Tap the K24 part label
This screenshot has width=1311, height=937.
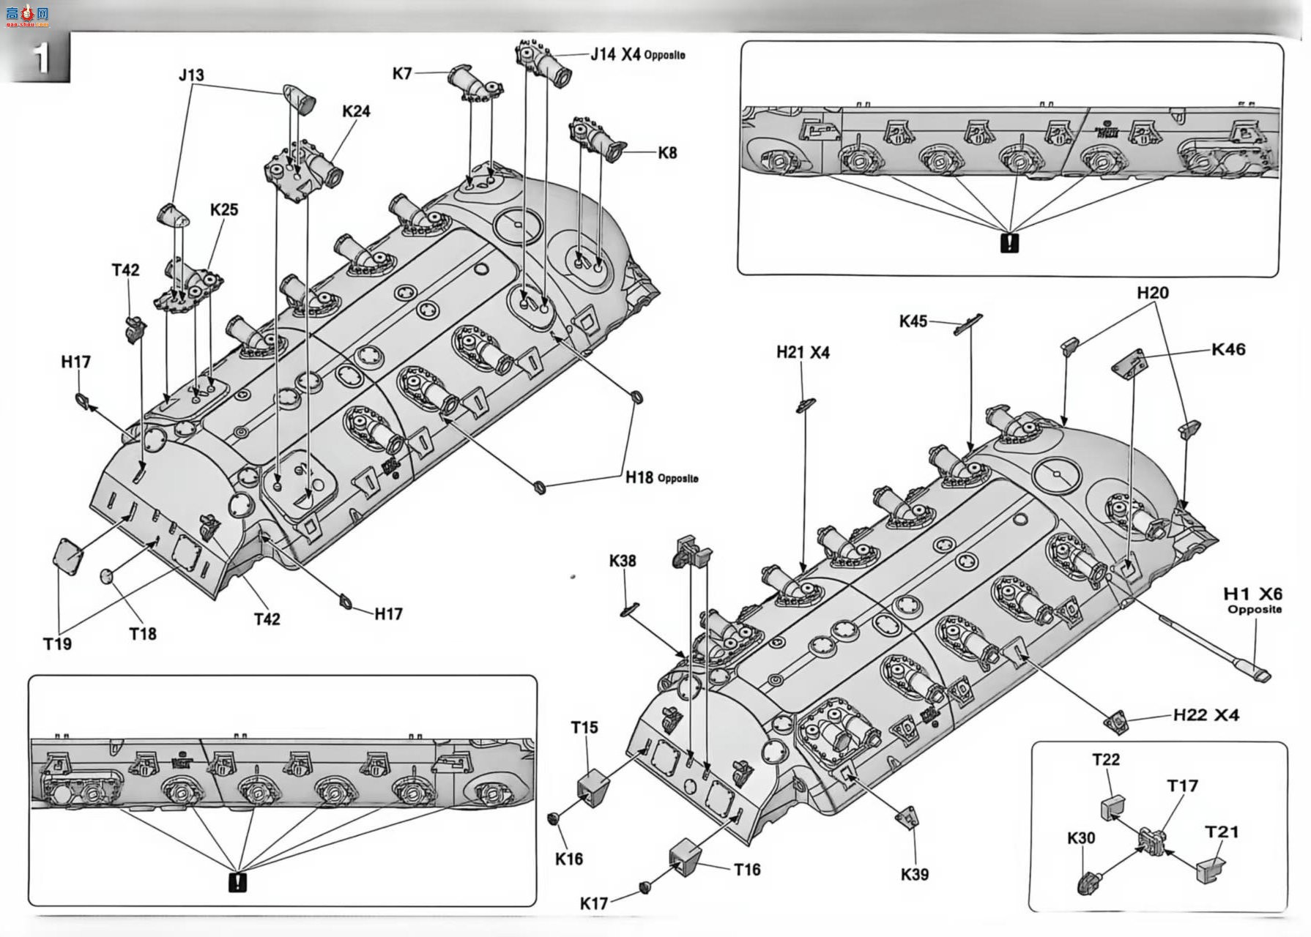[356, 111]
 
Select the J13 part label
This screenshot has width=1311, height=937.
[191, 75]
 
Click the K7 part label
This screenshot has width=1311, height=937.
[402, 73]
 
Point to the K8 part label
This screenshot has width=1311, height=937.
[667, 153]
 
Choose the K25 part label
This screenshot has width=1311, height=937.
[224, 209]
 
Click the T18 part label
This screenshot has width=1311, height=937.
[143, 634]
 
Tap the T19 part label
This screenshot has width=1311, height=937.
[57, 644]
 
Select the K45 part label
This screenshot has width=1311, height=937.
[913, 321]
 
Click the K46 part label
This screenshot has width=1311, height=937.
[1228, 350]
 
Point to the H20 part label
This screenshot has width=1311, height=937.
[1153, 293]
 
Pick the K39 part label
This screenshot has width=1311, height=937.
[915, 874]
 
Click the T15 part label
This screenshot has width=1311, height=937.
[584, 728]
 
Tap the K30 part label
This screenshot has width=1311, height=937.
[1081, 838]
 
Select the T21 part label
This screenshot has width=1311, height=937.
[1222, 832]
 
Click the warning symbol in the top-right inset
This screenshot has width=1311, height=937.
[1009, 243]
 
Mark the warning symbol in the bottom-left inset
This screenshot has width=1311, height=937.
[237, 882]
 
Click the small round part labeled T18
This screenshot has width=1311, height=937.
[107, 576]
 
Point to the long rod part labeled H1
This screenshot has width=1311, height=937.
[1216, 645]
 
